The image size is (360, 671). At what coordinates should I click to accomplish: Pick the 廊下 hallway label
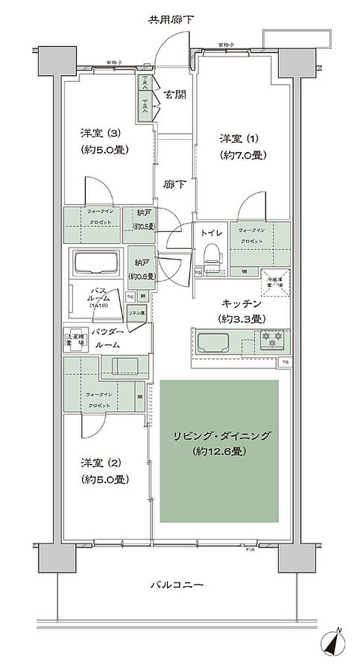[175, 184]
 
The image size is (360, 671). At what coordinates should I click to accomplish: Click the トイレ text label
[210, 232]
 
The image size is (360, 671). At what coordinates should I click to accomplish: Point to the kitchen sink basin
[212, 341]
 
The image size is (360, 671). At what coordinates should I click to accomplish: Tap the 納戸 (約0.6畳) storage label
[140, 268]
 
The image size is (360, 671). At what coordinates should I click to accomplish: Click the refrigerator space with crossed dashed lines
[275, 282]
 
